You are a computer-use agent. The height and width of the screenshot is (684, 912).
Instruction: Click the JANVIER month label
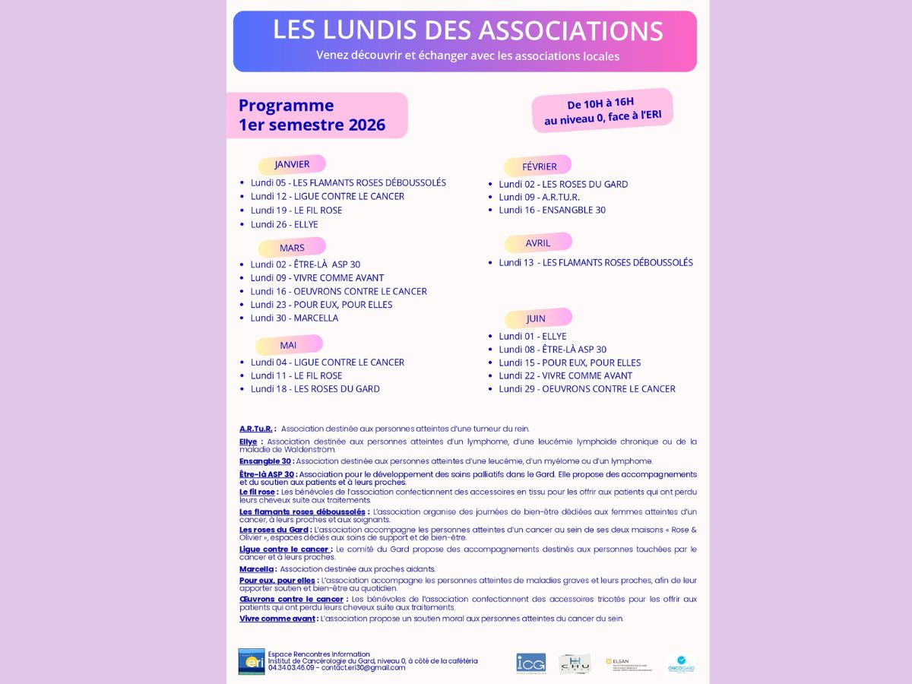click(292, 164)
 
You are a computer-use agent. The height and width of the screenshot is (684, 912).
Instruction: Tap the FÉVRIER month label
click(539, 166)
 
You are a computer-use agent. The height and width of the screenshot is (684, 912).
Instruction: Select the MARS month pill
click(292, 248)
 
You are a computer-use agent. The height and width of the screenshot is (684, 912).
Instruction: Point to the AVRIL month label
click(537, 243)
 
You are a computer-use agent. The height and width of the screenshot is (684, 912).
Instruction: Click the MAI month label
click(288, 345)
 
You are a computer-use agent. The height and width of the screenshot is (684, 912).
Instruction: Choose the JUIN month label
click(536, 318)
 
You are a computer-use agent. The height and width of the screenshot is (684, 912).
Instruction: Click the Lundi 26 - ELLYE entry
click(284, 224)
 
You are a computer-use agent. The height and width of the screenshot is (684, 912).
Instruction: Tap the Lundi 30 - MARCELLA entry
click(294, 318)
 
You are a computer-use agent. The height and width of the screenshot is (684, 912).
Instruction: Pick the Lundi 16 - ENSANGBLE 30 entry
click(552, 210)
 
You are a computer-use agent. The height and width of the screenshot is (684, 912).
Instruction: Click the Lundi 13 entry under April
click(595, 262)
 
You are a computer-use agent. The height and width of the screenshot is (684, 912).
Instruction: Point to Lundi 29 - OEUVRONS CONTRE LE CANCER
click(587, 388)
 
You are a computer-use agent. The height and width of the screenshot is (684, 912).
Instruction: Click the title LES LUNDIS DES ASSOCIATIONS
click(467, 30)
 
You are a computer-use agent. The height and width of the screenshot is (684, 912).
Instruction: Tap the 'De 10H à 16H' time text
click(600, 103)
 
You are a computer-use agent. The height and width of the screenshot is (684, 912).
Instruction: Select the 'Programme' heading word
click(286, 106)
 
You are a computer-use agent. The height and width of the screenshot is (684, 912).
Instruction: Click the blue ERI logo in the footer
click(251, 661)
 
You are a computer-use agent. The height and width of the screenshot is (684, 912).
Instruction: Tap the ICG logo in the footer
click(530, 663)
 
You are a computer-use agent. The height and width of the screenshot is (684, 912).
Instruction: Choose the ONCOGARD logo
click(681, 663)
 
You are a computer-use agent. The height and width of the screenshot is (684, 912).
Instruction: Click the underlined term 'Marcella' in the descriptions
click(256, 569)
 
